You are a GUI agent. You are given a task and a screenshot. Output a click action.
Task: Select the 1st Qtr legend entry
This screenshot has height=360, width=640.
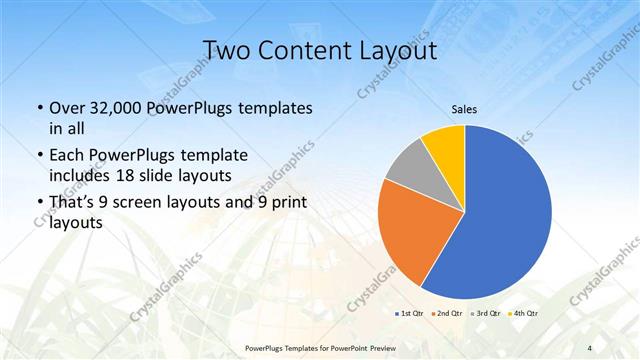[410, 314]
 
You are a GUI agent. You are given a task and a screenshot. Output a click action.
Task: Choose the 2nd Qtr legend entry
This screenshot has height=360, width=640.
[447, 314]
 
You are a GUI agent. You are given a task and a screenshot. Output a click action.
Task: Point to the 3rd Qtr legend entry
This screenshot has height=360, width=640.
[486, 314]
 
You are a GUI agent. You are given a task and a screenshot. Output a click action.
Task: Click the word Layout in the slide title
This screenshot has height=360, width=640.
[401, 50]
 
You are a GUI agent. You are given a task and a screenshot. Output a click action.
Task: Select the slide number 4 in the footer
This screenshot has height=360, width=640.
[590, 347]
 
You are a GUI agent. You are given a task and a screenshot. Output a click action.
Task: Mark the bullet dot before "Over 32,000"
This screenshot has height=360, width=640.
[39, 108]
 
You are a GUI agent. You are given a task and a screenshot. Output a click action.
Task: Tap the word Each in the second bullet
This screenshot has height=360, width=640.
[67, 157]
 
